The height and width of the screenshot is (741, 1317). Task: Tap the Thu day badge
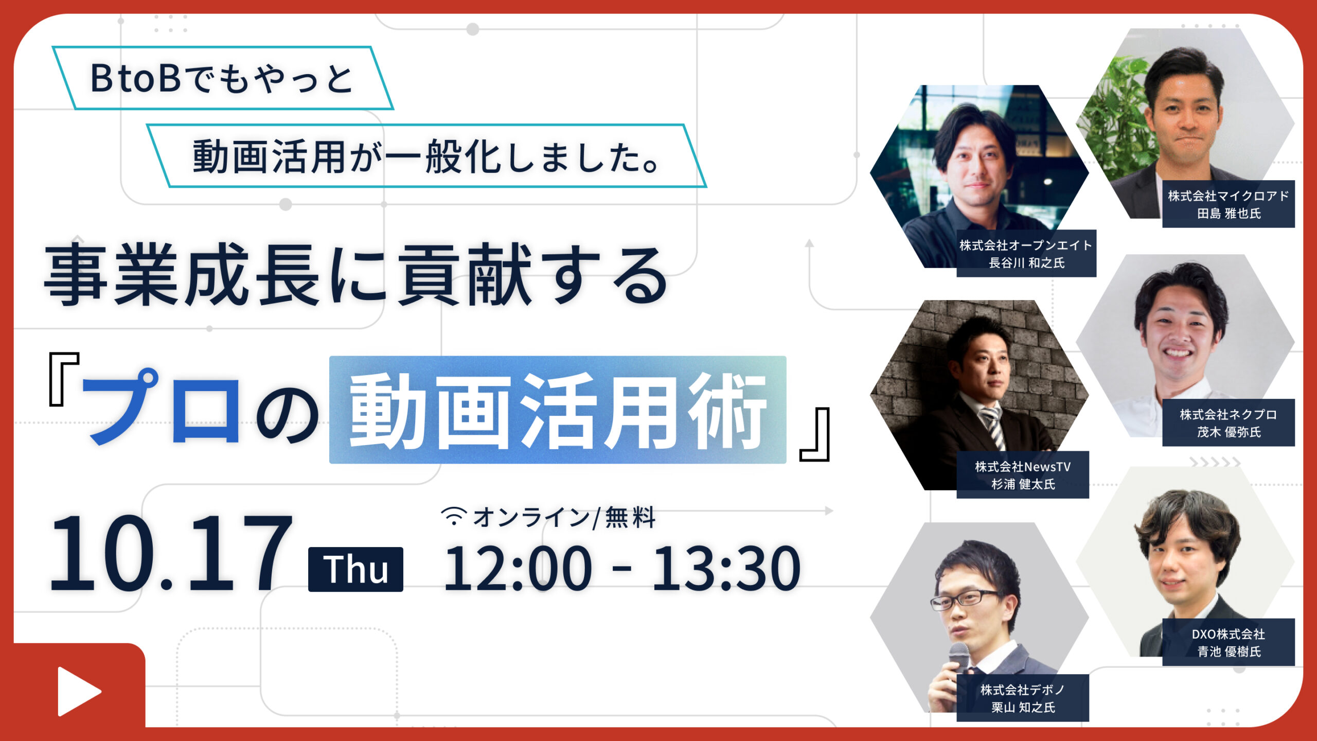click(355, 569)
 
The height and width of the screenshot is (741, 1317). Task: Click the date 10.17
click(170, 553)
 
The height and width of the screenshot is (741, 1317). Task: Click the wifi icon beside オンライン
click(454, 516)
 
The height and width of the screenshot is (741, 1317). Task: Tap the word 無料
click(630, 518)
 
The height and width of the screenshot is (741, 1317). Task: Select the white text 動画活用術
click(558, 410)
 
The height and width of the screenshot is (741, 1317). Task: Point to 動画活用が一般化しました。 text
click(426, 156)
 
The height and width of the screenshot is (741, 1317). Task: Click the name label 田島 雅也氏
click(1229, 214)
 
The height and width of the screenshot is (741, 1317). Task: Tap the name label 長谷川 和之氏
click(1026, 263)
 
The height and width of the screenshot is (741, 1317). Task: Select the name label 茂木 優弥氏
click(1229, 432)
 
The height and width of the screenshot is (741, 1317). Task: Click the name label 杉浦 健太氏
click(1023, 484)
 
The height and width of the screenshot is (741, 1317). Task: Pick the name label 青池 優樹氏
click(1229, 651)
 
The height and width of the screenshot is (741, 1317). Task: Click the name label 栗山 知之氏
click(1023, 708)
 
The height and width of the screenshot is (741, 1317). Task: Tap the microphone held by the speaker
click(958, 659)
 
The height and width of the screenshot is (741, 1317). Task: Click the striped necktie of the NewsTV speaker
click(993, 427)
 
